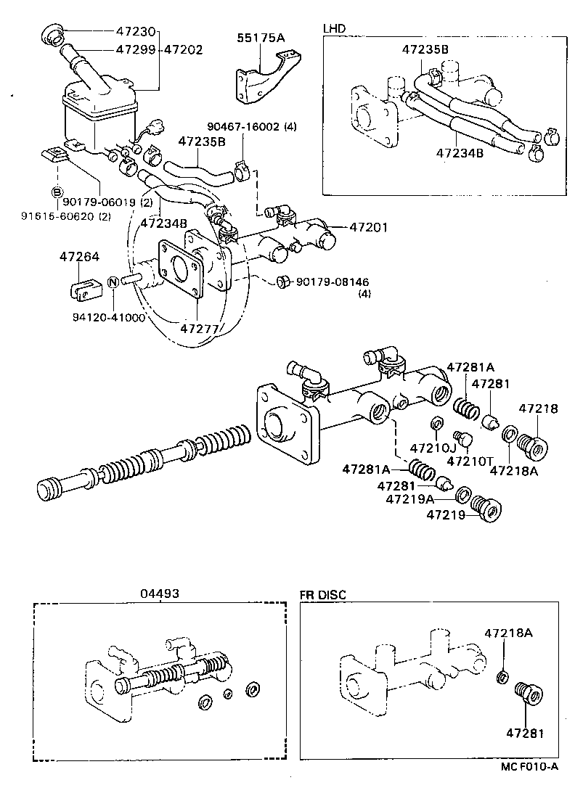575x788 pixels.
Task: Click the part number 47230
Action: pos(136,32)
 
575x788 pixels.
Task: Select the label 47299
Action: pos(136,50)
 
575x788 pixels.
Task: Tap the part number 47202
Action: pos(183,50)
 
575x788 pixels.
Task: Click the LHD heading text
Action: pos(334,28)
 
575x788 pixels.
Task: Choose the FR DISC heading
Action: pos(323,594)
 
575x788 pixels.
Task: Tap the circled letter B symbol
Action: pos(56,192)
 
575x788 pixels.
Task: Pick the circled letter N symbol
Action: pos(113,282)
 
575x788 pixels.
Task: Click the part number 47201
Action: pos(370,227)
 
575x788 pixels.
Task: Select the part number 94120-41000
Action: pos(109,317)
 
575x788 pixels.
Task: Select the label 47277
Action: pos(199,328)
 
